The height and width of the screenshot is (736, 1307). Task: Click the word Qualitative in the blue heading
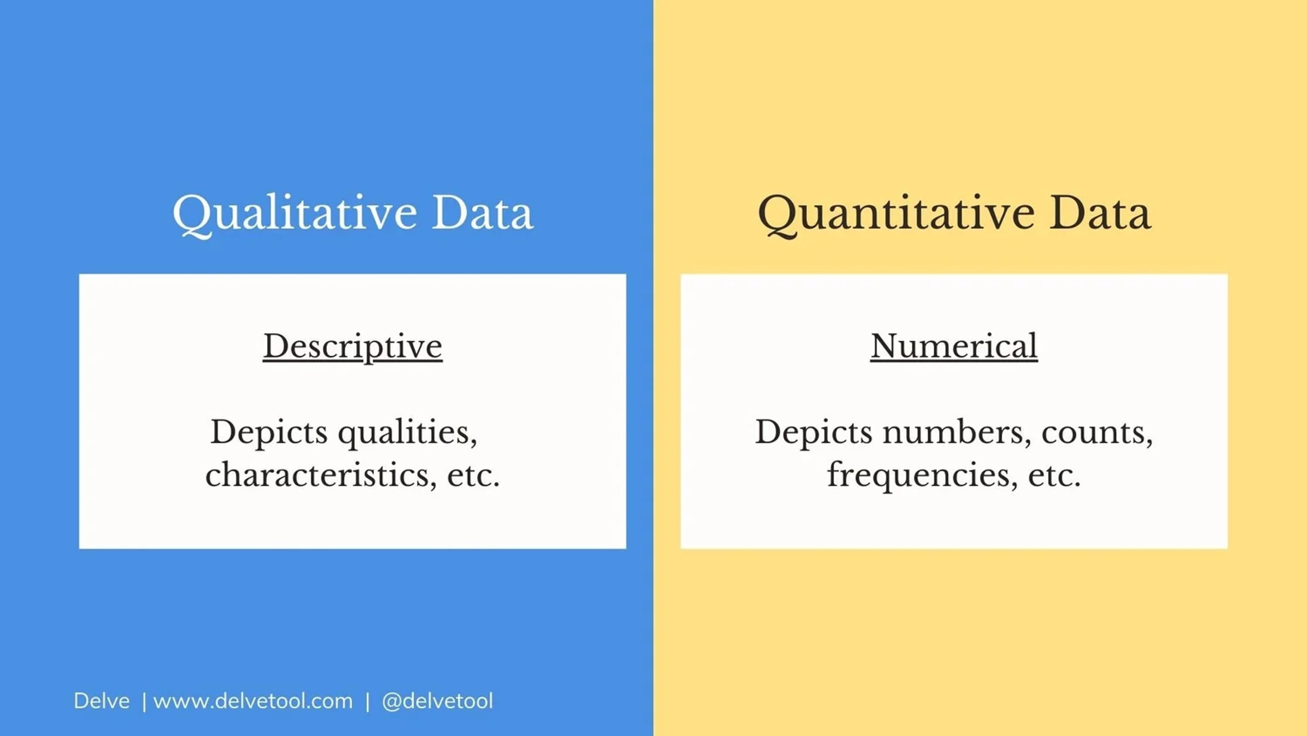(x=294, y=213)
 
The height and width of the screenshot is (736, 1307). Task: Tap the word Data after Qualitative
(x=482, y=213)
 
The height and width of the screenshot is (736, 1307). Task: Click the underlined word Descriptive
(x=353, y=347)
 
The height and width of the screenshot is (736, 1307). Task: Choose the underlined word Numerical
(x=954, y=347)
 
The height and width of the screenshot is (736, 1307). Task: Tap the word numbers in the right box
(x=956, y=433)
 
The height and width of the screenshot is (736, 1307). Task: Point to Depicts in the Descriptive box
(x=269, y=433)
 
